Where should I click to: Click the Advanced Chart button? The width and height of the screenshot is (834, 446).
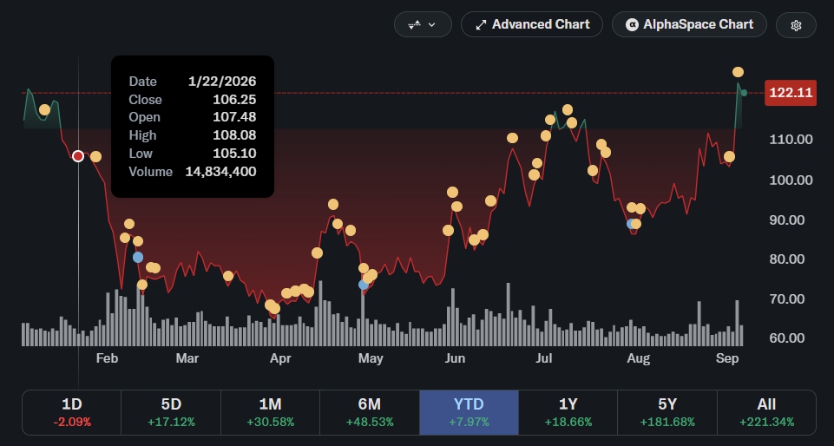coord(531,24)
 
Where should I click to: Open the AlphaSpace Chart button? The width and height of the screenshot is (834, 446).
coord(689,24)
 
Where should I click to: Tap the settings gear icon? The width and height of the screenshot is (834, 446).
coord(796,25)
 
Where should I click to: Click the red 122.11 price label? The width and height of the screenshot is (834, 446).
coord(791,93)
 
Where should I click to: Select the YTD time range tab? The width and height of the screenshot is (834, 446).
coord(469,412)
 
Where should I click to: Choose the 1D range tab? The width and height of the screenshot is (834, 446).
coord(72,412)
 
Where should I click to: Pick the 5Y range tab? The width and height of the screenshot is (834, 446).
coord(667,412)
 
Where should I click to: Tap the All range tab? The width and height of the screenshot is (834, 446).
coord(766,412)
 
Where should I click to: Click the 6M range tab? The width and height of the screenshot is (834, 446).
coord(370,412)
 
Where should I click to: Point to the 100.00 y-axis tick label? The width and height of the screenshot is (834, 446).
coord(791,180)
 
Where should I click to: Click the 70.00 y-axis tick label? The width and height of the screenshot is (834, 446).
coord(791,299)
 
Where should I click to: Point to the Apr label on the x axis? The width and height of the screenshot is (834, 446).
coord(280,359)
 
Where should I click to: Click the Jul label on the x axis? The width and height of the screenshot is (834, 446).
coord(543,359)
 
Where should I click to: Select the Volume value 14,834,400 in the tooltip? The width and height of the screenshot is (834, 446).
coord(220,172)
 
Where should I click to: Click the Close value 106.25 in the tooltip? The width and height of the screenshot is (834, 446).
coord(234,100)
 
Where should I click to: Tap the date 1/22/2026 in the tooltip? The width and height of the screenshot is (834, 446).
coord(222,82)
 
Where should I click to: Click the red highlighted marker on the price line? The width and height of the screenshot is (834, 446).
coord(78,156)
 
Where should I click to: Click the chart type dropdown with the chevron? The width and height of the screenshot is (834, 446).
coord(423,24)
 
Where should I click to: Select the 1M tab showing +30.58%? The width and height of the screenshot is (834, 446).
coord(270,412)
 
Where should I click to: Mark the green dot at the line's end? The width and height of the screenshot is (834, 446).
coord(744,93)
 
